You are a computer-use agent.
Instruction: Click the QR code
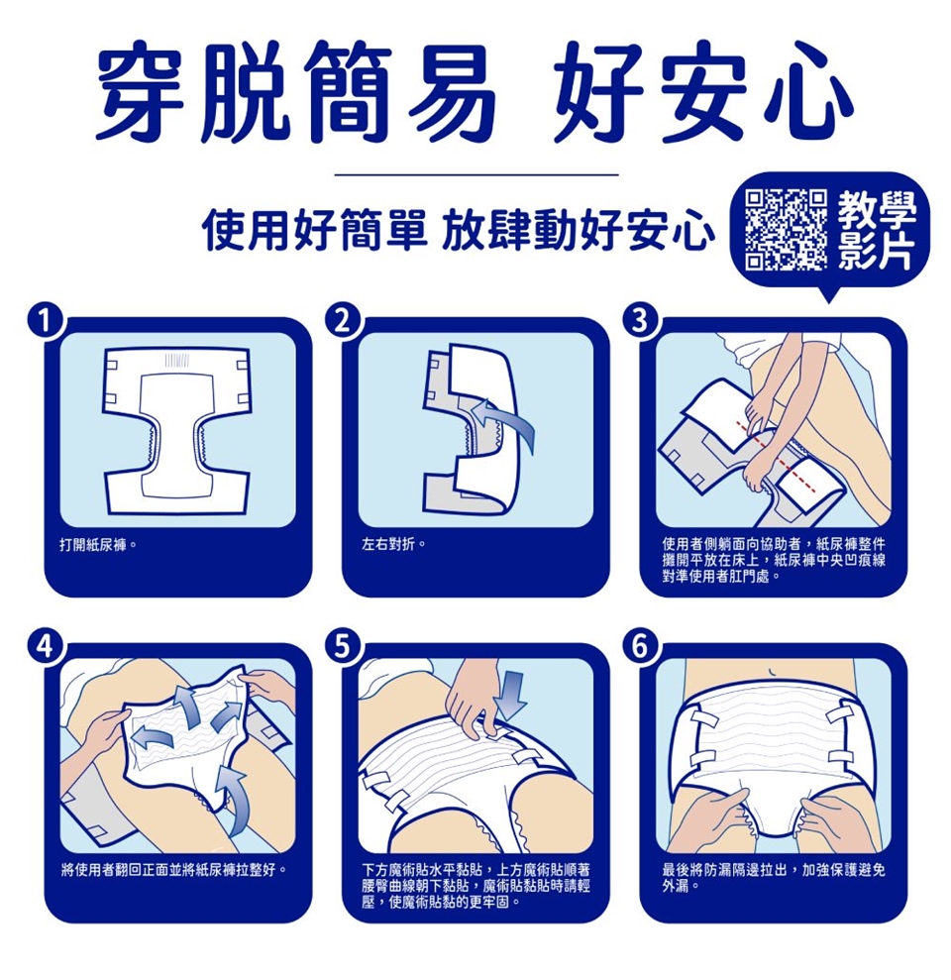tap(786, 229)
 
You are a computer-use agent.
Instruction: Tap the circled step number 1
tap(44, 321)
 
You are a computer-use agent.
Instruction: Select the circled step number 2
tap(341, 321)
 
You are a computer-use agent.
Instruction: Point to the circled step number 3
tap(639, 321)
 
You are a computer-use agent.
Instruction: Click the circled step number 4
tap(44, 647)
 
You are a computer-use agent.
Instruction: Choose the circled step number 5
tap(341, 647)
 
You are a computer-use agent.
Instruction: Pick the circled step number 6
tap(639, 647)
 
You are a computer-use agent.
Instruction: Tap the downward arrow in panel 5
tap(513, 695)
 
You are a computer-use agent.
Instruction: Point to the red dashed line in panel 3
tap(777, 457)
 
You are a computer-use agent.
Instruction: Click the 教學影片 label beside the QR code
tap(876, 230)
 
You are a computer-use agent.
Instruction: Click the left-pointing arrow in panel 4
tap(154, 737)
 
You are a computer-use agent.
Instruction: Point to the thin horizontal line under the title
tap(476, 175)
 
